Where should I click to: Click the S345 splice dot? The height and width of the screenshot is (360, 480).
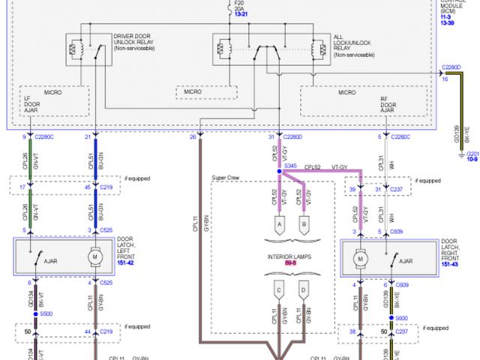[x=278, y=171]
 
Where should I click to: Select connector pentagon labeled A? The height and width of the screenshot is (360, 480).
[x=278, y=223]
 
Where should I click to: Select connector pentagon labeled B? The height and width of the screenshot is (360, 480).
[x=304, y=223]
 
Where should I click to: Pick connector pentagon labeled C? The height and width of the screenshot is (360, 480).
[x=278, y=289]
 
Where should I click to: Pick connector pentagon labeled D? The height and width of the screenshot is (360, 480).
[x=304, y=289]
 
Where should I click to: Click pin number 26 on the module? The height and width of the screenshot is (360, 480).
[x=193, y=136]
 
